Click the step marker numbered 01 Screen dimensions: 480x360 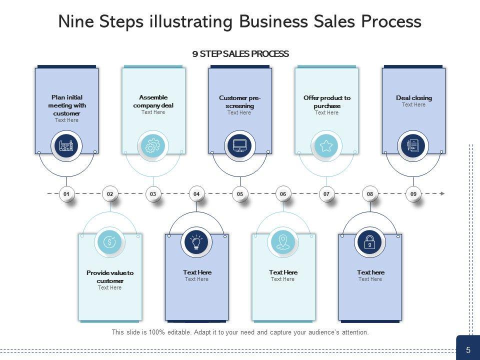tap(66, 193)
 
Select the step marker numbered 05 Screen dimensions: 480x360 tap(240, 193)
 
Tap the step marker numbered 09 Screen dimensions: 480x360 tap(413, 193)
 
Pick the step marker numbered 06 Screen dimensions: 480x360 tap(283, 193)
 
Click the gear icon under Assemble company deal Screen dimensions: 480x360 tap(152, 146)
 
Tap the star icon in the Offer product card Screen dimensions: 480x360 tap(326, 146)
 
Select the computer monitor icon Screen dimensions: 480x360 tap(240, 146)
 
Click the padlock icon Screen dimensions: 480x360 tap(369, 242)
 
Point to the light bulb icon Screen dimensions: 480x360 tap(196, 242)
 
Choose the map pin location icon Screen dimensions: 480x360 tap(283, 242)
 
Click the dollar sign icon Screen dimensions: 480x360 tap(109, 242)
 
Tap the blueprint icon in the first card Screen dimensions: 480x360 tap(66, 146)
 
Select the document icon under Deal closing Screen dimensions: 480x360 tap(413, 146)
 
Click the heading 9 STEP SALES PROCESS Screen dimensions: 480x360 tap(240, 54)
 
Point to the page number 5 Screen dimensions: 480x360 tap(468, 350)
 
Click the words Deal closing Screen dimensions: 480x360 tap(413, 98)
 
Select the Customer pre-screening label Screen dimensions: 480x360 tap(240, 102)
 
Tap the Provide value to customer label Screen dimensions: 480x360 tap(110, 277)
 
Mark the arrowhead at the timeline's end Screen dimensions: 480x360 tap(442, 193)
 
